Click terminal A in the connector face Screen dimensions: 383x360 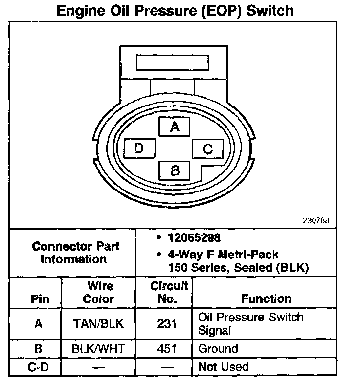point(175,127)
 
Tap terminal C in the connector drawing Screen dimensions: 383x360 point(207,149)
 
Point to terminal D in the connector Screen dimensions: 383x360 point(139,148)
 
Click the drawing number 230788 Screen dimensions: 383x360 point(316,220)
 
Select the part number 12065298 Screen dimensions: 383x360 point(194,238)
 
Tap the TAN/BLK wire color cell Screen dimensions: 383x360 point(98,323)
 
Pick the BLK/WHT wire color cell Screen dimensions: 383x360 point(98,349)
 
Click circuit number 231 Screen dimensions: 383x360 point(164,323)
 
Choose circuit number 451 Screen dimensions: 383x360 point(164,349)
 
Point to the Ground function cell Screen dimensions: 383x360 point(218,349)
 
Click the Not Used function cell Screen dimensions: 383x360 point(223,366)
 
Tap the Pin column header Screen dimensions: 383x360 point(40,298)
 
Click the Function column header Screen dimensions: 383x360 point(266,298)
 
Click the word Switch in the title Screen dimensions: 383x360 point(270,10)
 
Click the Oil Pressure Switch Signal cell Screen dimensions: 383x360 point(250,323)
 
